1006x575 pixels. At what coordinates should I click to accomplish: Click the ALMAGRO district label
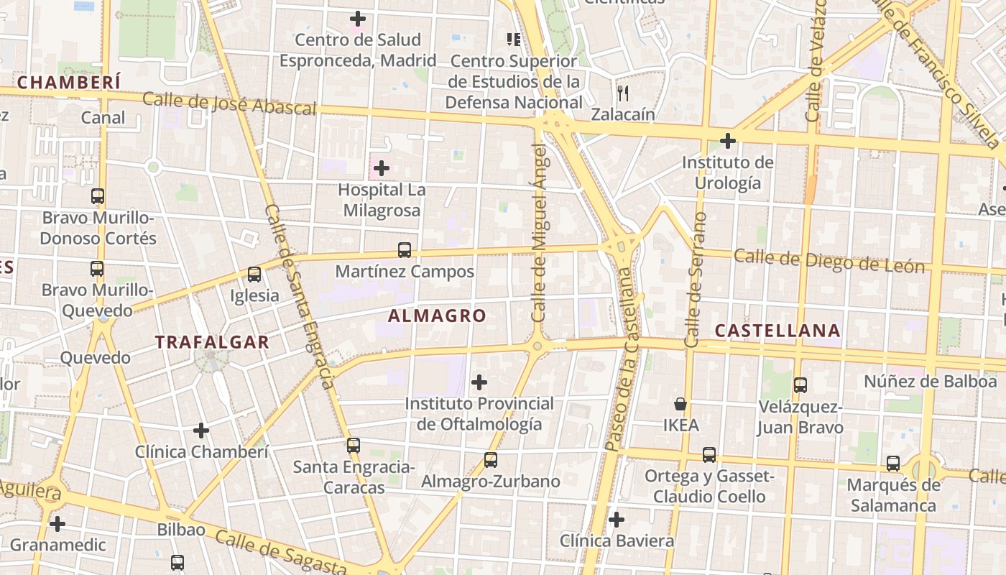437,316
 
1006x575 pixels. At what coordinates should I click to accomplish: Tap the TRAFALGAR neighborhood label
212,342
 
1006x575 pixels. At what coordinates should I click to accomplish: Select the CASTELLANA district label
777,331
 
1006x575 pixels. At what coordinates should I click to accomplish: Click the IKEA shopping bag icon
680,404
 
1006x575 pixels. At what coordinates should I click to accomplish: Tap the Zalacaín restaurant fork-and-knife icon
623,93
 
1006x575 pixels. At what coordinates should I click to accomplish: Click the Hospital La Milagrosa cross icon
382,169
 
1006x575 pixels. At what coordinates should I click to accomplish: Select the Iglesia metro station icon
254,275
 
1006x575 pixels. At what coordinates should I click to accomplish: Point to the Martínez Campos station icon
405,250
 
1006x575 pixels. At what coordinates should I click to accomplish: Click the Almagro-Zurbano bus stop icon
491,460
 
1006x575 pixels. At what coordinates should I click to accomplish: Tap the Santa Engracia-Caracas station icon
353,446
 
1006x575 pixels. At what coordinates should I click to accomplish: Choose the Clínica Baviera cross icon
616,520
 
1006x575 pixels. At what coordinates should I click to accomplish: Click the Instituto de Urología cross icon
727,141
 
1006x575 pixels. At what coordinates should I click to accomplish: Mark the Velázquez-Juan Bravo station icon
800,385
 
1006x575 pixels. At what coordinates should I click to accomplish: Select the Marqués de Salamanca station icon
892,464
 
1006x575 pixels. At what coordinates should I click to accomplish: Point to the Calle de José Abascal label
229,104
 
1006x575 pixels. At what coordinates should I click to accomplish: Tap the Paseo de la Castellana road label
622,359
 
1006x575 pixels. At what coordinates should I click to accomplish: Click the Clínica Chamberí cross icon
201,431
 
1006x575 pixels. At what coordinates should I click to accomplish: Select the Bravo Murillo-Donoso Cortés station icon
98,196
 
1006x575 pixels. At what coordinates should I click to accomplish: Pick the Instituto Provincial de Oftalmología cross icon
479,382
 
